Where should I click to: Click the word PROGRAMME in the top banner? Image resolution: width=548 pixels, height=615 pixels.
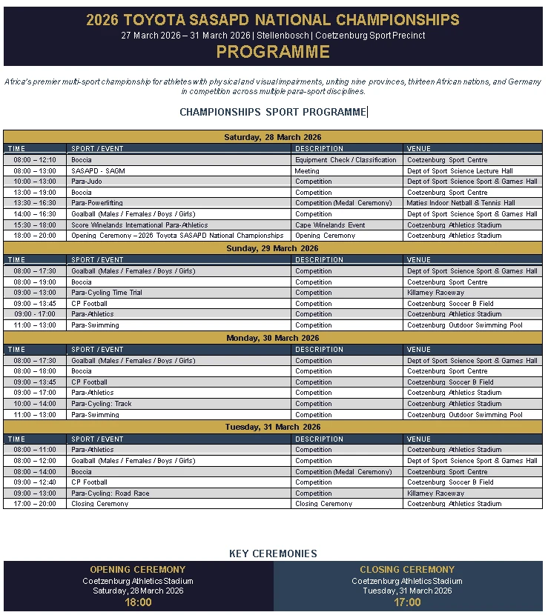[273, 52]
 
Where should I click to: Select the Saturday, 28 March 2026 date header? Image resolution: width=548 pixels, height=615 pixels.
[273, 137]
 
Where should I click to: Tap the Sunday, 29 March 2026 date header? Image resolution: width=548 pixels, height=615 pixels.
[273, 248]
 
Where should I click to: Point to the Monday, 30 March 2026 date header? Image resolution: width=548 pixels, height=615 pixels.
[273, 338]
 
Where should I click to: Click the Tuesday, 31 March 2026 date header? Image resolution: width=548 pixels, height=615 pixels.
[273, 427]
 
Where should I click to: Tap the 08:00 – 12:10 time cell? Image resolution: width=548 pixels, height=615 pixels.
[35, 160]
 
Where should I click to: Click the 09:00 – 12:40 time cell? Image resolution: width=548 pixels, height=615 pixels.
[35, 482]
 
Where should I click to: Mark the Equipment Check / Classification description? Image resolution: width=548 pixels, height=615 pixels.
[346, 160]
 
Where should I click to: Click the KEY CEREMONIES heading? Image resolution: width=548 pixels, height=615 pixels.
[273, 553]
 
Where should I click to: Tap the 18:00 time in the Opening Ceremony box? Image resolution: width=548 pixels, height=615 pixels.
[138, 602]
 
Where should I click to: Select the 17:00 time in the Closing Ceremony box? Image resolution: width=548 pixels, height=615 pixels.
[407, 602]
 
